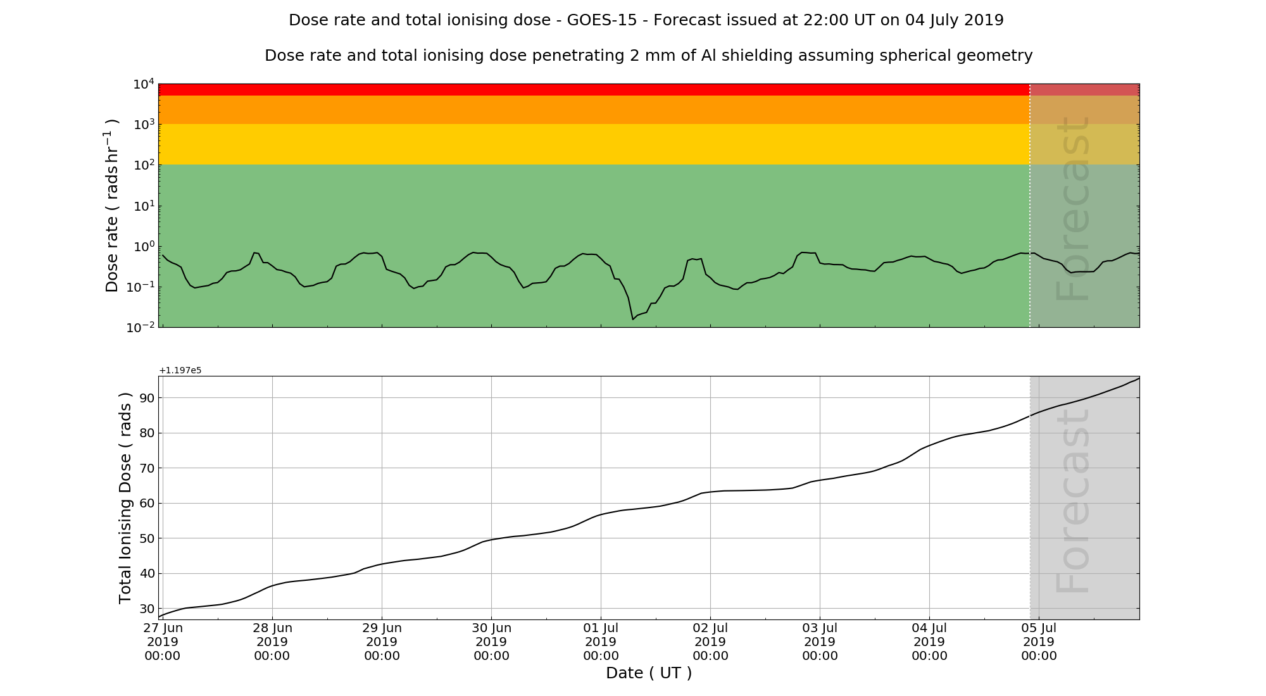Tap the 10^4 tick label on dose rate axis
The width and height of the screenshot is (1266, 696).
pos(144,84)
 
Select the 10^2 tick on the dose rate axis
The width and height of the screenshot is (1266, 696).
pos(144,165)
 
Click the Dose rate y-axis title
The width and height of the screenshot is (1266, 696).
pos(112,206)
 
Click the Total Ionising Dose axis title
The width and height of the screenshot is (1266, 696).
pos(125,498)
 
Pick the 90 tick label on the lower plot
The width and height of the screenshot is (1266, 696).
pos(147,398)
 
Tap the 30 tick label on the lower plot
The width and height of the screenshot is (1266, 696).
pos(147,609)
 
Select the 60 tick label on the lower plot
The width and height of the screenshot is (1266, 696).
pos(147,504)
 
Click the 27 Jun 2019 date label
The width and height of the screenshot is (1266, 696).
pos(163,642)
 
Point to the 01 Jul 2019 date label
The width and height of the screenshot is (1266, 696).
pos(601,642)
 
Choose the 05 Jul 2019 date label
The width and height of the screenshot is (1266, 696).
pos(1039,642)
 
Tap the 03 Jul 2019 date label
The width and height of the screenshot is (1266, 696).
pos(820,642)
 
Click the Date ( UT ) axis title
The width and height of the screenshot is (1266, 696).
pos(649,673)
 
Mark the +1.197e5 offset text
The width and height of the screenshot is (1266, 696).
pos(180,370)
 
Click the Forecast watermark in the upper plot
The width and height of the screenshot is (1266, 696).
pos(1073,209)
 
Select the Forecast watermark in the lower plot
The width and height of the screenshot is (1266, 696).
pos(1073,500)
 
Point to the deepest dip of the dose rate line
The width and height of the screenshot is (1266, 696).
pos(632,319)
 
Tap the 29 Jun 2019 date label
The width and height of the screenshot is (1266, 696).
pos(382,642)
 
